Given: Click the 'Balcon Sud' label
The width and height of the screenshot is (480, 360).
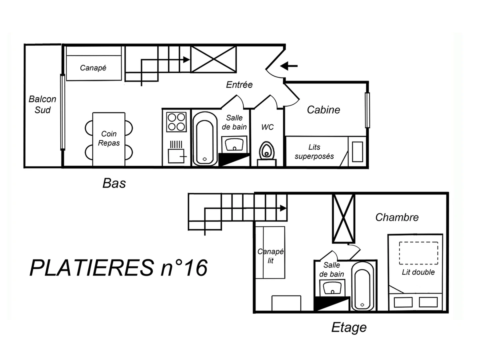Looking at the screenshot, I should point(42,104).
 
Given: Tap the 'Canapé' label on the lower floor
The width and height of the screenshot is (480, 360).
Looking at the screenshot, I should point(93,68).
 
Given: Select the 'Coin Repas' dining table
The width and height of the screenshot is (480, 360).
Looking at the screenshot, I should point(109,139).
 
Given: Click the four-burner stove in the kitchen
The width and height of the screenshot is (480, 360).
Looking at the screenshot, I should point(176,122).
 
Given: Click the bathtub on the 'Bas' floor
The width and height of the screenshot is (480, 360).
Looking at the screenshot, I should point(205,138).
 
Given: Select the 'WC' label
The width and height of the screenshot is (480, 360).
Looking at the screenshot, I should point(268,127).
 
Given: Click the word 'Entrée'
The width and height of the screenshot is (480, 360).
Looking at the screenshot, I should point(239,85).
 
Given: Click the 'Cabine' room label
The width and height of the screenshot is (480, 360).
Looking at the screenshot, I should point(323,110).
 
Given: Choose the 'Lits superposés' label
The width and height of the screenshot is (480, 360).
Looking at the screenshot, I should point(314,152).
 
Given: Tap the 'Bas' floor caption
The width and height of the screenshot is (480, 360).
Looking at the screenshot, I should point(114,183).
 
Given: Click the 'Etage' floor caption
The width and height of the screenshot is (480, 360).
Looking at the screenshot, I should point(349,328).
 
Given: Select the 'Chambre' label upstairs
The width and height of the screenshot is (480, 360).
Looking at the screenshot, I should point(397,217).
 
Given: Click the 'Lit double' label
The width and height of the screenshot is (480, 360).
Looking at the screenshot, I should point(418,272).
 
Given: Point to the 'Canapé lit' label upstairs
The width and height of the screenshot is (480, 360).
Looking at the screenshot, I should point(270,256).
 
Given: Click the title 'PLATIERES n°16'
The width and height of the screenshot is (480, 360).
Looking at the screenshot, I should point(118,268).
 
